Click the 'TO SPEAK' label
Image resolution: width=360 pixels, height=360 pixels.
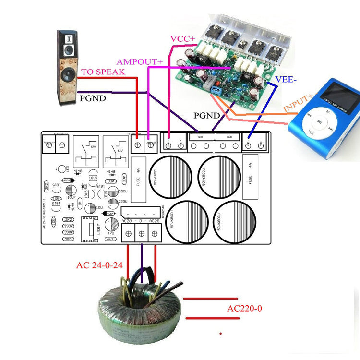pyautogui.click(x=103, y=72)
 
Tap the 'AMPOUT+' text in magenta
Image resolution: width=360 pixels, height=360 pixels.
pyautogui.click(x=140, y=61)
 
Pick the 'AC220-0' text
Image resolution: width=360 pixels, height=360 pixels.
pyautogui.click(x=244, y=308)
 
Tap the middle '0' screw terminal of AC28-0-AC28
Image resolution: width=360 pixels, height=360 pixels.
pyautogui.click(x=142, y=234)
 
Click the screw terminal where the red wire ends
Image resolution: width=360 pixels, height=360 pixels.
pyautogui.click(x=138, y=144)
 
